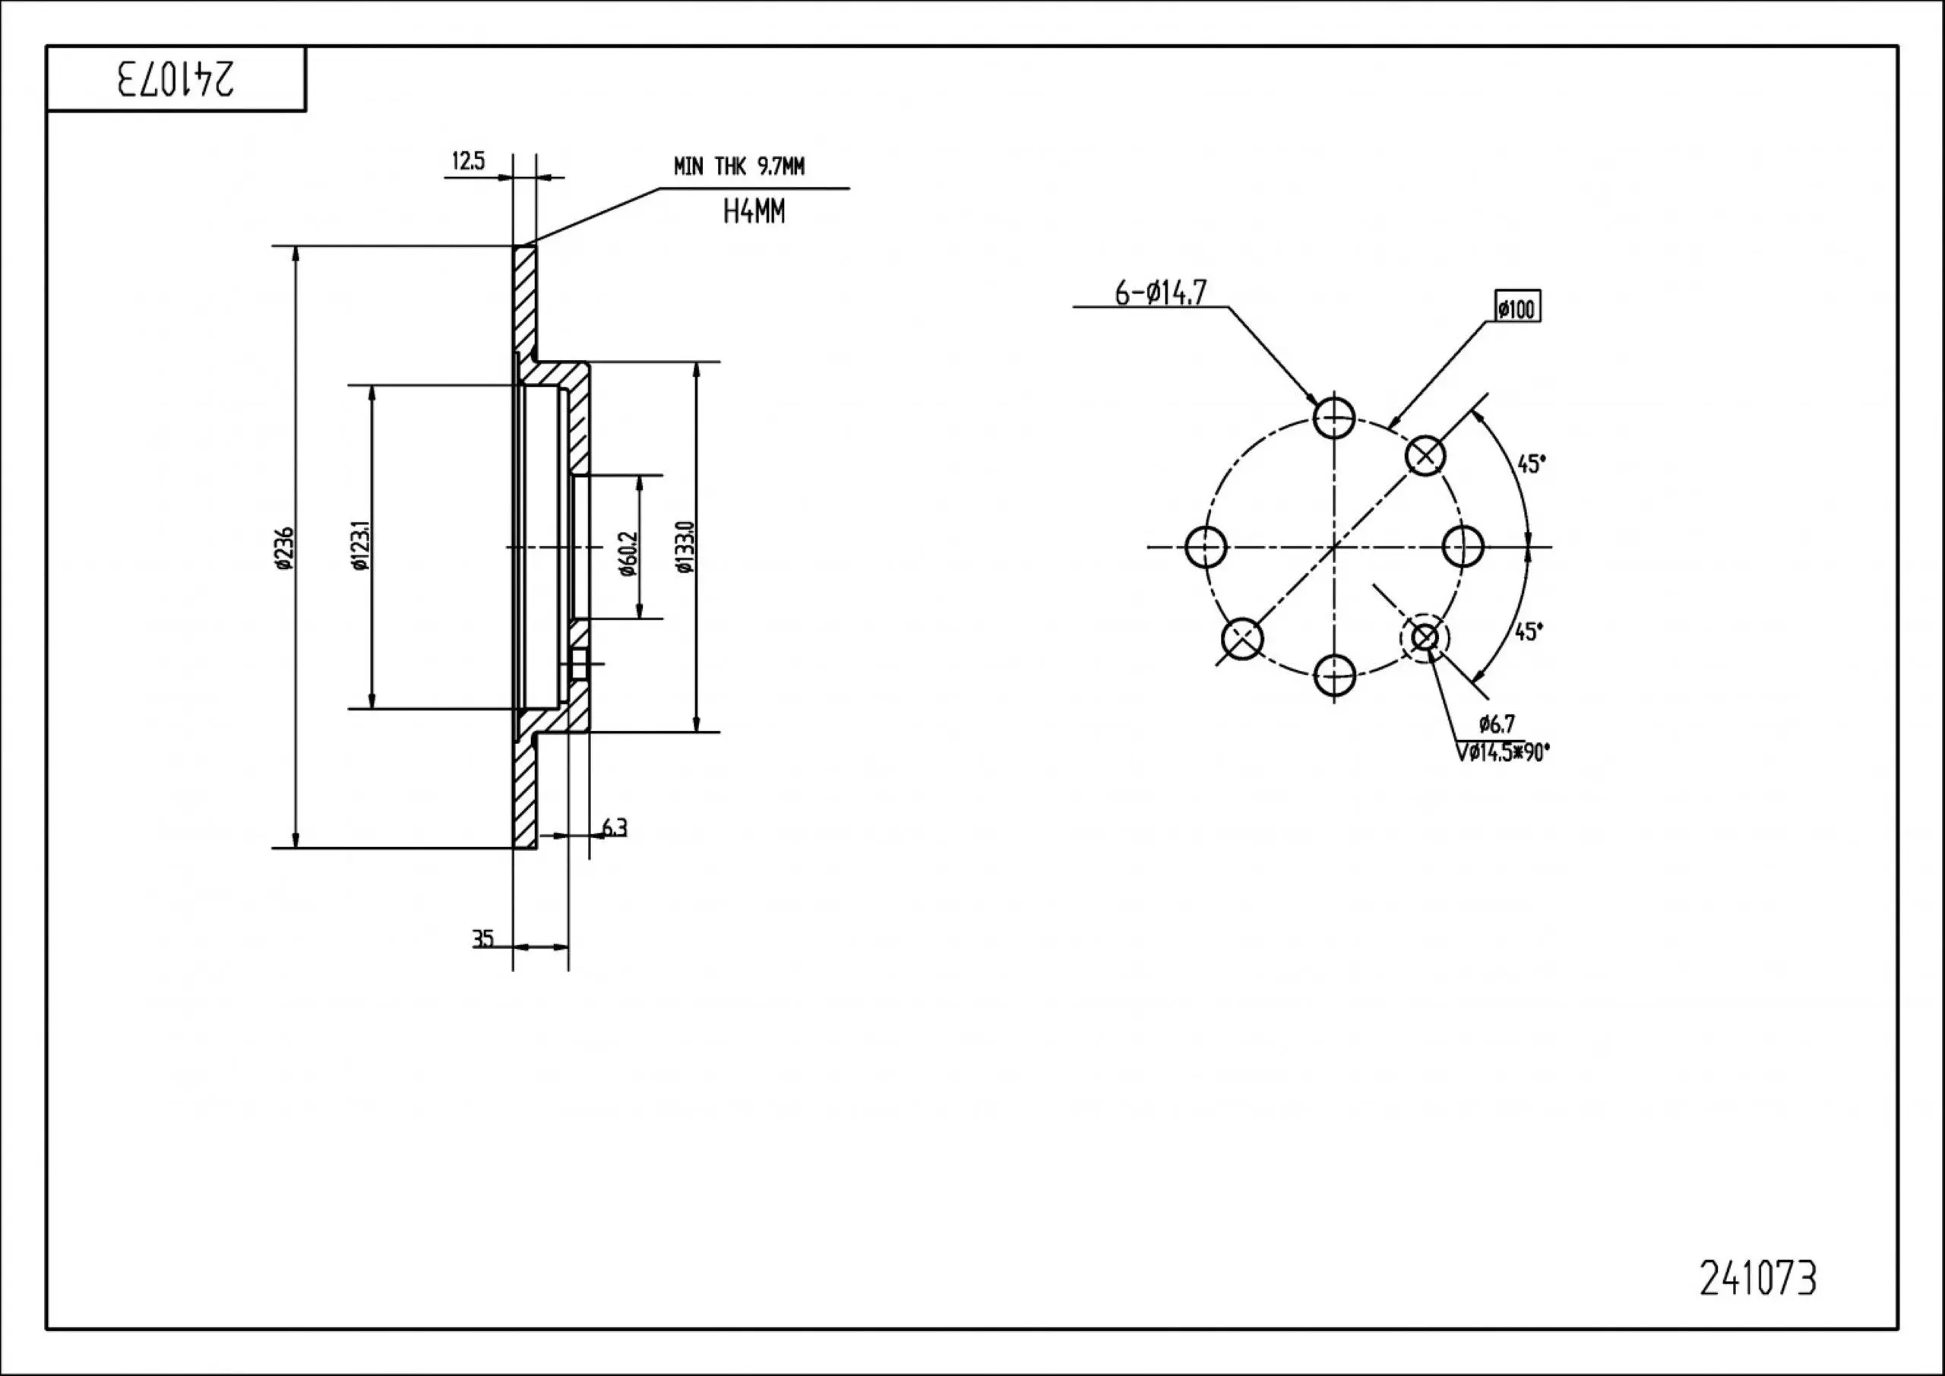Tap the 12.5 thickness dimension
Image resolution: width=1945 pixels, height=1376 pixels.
point(467,161)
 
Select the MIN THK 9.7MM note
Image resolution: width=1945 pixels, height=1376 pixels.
point(738,167)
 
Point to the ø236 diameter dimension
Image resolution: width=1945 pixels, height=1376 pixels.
point(284,549)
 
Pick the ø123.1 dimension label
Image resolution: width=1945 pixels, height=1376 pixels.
point(360,546)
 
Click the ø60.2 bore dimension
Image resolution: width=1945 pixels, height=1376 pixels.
point(627,554)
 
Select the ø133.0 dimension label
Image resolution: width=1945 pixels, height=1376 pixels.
point(685,547)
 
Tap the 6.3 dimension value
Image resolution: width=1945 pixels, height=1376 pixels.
point(614,827)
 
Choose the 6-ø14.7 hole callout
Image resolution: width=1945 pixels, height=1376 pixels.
point(1159,293)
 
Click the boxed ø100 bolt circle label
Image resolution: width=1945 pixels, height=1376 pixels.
point(1516,308)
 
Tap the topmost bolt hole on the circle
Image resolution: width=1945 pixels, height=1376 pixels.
point(1334,417)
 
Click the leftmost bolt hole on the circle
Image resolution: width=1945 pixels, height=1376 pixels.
point(1206,546)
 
